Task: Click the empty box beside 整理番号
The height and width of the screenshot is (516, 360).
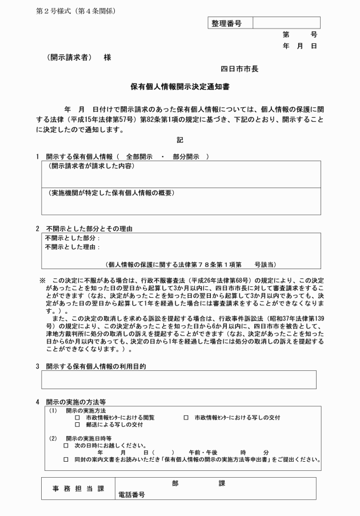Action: coord(286,23)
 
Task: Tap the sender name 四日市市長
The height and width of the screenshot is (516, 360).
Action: coord(239,69)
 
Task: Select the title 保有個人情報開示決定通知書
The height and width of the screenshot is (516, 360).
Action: coord(181,87)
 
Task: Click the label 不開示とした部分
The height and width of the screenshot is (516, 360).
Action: coord(72,238)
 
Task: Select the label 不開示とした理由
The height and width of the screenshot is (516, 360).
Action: coord(72,247)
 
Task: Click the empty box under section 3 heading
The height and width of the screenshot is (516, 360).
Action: coord(178,379)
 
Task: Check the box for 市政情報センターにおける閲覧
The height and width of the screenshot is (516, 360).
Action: coord(77,418)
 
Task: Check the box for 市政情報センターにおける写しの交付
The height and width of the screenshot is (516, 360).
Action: coord(186,418)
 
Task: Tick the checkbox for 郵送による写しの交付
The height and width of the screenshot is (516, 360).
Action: coord(77,425)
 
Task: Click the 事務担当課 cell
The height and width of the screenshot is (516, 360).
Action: coord(79,489)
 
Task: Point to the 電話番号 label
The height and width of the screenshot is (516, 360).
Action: coord(131,494)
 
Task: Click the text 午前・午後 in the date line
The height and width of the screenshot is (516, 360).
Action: coord(201,451)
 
